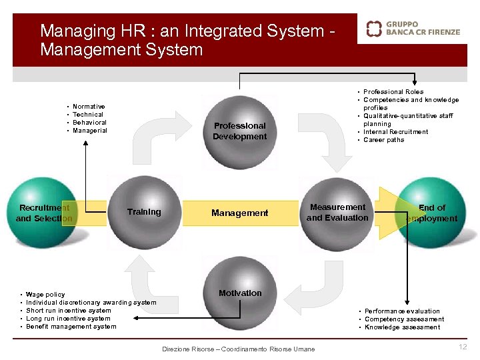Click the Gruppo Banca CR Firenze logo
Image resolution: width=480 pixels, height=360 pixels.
click(x=413, y=28)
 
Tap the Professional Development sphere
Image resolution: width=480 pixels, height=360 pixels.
click(x=239, y=131)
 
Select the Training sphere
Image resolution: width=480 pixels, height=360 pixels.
click(x=144, y=212)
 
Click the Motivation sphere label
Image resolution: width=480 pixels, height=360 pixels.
click(x=240, y=293)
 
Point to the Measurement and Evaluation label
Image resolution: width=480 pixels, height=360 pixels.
click(x=337, y=212)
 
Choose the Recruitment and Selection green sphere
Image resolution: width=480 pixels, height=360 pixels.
click(x=44, y=212)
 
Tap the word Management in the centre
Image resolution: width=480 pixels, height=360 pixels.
click(x=239, y=213)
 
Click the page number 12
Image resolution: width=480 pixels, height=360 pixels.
click(x=463, y=347)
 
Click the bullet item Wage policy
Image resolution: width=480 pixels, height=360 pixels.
click(x=45, y=295)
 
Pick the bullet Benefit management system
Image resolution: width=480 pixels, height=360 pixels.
click(x=71, y=327)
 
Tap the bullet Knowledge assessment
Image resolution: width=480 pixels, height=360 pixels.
click(x=402, y=327)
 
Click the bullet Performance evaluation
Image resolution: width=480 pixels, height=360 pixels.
click(x=402, y=311)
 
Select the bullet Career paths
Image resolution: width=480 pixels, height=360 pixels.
click(x=383, y=140)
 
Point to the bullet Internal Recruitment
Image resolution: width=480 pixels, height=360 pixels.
click(x=395, y=132)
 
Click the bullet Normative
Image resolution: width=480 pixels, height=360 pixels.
click(x=89, y=107)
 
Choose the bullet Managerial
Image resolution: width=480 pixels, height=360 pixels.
click(x=89, y=131)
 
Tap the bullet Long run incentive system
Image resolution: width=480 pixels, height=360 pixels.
click(x=68, y=319)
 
